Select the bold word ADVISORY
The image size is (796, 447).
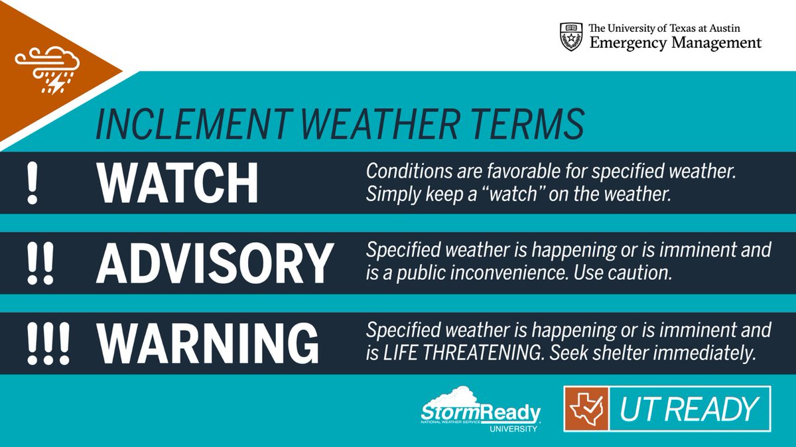[x=214, y=263]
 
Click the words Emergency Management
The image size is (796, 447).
[x=675, y=43]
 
